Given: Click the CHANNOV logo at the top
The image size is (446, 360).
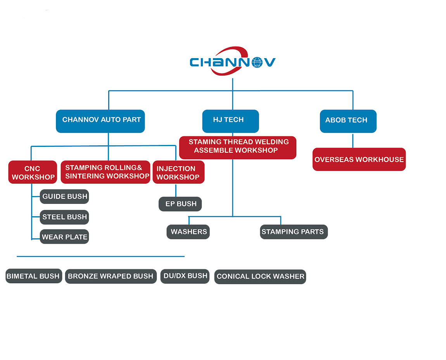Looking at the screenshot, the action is pos(233,61).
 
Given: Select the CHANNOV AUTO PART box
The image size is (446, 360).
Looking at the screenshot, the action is pos(100,121).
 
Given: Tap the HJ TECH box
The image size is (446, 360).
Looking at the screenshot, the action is pos(231,121).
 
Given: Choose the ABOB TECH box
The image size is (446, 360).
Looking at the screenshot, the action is pos(348,121).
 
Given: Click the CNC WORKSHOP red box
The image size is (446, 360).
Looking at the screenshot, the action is pos(33,172).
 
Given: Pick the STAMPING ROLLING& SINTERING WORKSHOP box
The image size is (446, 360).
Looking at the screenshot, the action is pos(105,172).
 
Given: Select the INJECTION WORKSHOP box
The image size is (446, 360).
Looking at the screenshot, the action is pos(179,172).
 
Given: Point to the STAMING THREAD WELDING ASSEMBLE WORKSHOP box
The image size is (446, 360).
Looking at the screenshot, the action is pos(238,148).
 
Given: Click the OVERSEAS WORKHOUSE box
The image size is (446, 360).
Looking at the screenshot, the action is pos(359,159).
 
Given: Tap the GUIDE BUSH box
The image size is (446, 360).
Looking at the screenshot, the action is pos(64,196).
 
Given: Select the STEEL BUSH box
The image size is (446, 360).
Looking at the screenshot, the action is pos(64,217).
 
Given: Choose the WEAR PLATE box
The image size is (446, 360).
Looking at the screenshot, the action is pos(64,237).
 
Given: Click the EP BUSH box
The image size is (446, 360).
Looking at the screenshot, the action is pos(180,204).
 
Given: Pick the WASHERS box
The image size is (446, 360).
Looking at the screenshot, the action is pos(188,232).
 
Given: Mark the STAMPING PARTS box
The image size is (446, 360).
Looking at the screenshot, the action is pos(294,232).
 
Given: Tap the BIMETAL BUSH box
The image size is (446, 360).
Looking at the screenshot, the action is pos(34,276).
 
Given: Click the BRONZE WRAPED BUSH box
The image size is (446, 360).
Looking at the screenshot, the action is pos(111,276).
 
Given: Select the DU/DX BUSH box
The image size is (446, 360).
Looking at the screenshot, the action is pos(185,276).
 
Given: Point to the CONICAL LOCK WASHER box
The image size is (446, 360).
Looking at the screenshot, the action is pos(260,277).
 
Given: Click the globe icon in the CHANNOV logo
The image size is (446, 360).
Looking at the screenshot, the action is pos(257,62).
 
